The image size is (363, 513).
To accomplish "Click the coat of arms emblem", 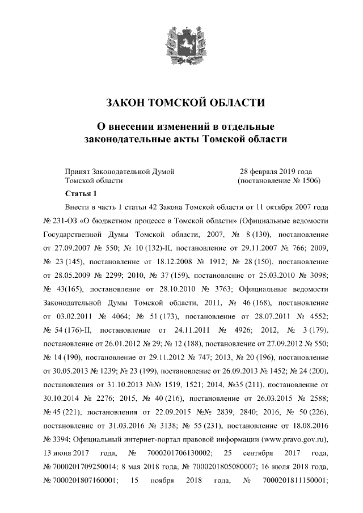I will pos(181,47).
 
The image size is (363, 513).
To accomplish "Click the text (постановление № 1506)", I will pos(278,181).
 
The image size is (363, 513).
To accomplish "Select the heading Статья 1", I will pos(82,194).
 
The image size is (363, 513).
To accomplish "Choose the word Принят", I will pos(77,171).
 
